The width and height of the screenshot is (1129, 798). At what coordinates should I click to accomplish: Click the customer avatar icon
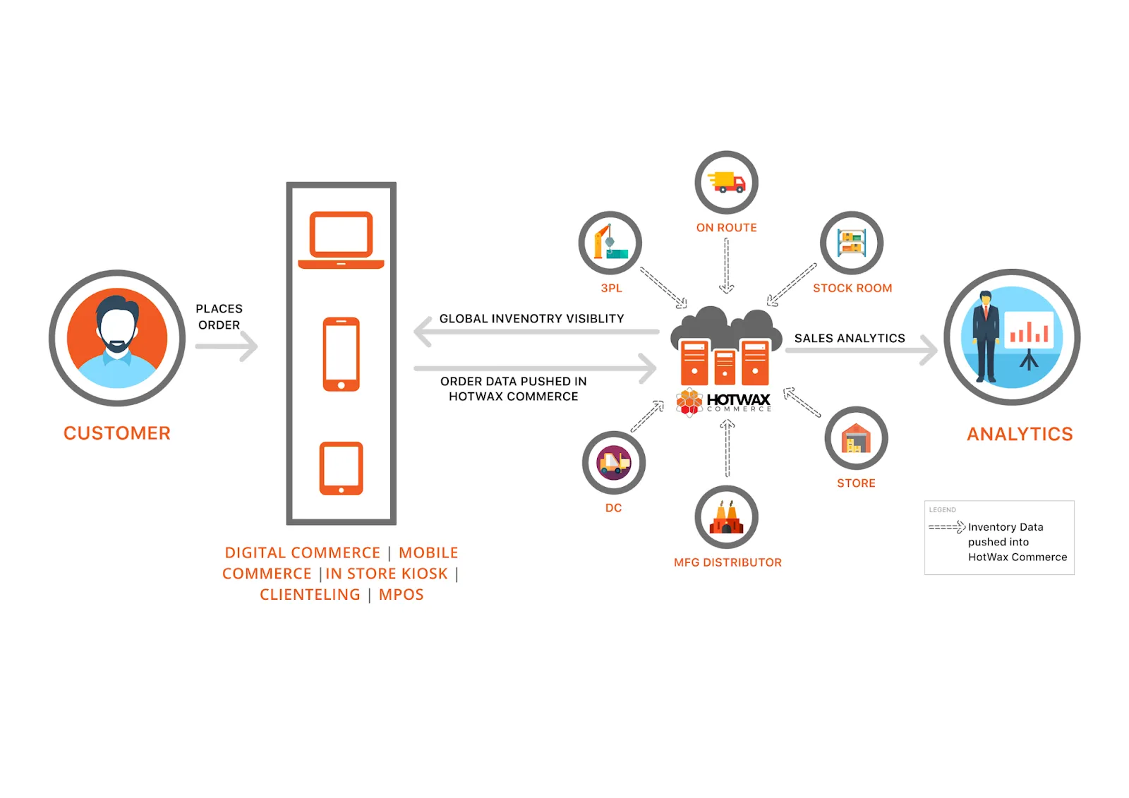117,338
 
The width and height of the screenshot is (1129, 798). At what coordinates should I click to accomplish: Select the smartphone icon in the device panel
341,354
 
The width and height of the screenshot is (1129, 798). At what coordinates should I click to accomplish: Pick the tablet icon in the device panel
341,468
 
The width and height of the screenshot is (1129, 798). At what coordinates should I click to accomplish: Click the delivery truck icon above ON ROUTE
726,182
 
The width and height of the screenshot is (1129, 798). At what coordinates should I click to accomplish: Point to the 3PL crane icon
610,243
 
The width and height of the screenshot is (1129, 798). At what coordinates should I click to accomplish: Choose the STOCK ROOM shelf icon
852,243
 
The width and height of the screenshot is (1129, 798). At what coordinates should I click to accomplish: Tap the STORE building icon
856,438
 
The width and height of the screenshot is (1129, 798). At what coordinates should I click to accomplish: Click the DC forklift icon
613,463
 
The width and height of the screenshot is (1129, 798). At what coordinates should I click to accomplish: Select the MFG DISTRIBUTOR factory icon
726,517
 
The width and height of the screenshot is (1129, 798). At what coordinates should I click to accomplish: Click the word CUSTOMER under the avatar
117,433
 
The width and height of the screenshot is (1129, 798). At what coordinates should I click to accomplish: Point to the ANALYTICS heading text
1020,434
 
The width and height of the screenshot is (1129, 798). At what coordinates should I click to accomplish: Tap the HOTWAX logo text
738,400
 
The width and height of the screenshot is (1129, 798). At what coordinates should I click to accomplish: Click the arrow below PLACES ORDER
227,346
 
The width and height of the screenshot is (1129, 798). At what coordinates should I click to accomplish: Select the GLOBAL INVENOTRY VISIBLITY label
531,319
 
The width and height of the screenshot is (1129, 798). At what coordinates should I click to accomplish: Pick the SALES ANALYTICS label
850,339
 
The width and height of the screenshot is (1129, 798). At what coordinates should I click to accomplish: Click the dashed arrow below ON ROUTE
726,265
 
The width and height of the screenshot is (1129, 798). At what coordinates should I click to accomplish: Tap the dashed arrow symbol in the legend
946,527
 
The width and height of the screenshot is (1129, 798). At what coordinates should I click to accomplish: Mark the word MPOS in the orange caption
401,595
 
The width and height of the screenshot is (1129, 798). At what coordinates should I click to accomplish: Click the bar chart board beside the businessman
1029,330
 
